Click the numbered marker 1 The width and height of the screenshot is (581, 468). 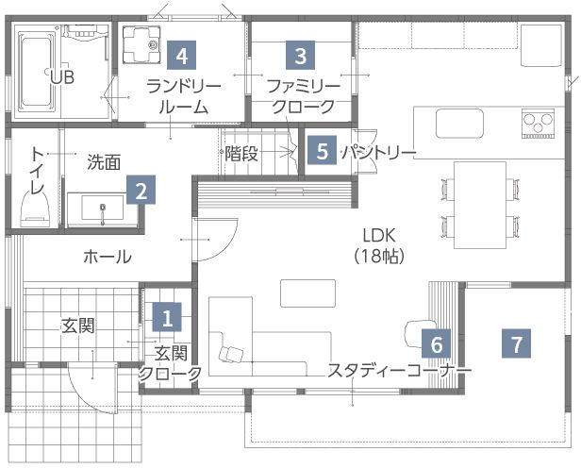pyautogui.click(x=167, y=317)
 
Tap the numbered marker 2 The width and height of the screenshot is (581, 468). pyautogui.click(x=140, y=192)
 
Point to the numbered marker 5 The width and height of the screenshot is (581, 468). pyautogui.click(x=323, y=151)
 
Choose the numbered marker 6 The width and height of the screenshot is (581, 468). pyautogui.click(x=436, y=343)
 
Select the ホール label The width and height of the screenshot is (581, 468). pyautogui.click(x=107, y=257)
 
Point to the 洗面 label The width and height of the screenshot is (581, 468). pyautogui.click(x=104, y=161)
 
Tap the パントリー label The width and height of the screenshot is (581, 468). pyautogui.click(x=378, y=152)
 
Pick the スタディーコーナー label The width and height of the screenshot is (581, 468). pyautogui.click(x=399, y=371)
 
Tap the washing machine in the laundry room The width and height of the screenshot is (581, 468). pyautogui.click(x=143, y=42)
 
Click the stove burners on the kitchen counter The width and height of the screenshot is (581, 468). pyautogui.click(x=539, y=123)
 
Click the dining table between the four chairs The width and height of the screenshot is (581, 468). pyautogui.click(x=478, y=205)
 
